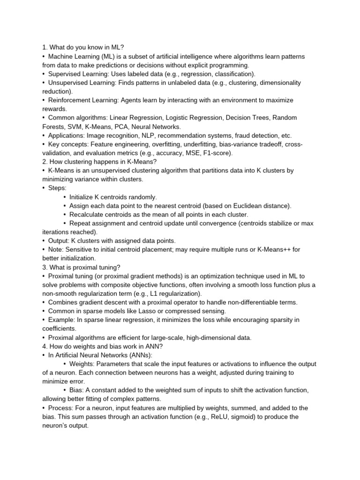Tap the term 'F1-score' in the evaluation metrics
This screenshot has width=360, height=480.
[x=217, y=153]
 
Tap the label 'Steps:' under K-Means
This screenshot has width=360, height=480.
[x=58, y=188]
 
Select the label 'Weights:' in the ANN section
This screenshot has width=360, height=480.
[x=83, y=364]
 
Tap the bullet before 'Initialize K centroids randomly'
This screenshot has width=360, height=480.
[x=65, y=197]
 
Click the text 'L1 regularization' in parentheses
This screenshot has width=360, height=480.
[x=173, y=293]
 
